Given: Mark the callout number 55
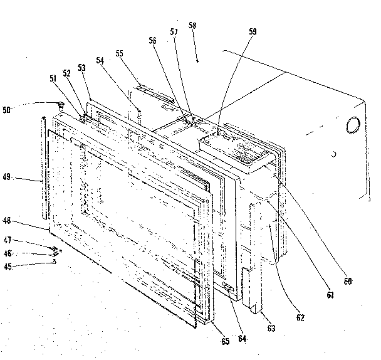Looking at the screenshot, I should [x=120, y=54].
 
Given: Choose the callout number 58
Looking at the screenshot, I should [x=192, y=26].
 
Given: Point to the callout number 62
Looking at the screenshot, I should [x=300, y=317].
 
